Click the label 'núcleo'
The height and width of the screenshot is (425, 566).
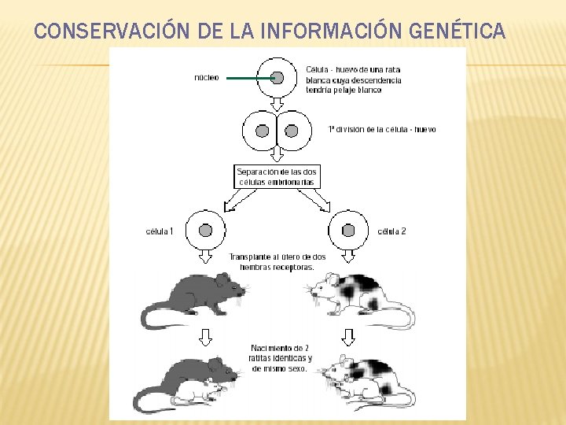[208, 77]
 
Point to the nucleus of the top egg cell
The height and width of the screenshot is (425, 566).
[277, 77]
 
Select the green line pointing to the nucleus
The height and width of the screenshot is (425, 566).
[248, 78]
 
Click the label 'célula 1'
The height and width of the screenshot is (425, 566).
[160, 231]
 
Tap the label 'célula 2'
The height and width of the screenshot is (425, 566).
[391, 231]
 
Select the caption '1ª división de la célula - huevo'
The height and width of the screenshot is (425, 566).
[382, 129]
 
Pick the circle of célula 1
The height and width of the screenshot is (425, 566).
[206, 231]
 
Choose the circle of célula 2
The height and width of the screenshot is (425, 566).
[348, 231]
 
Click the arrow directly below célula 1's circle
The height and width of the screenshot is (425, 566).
[206, 257]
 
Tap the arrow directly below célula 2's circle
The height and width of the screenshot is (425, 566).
[348, 257]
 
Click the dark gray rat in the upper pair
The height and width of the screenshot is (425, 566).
[193, 295]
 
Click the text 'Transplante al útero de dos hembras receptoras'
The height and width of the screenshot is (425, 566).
[277, 262]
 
